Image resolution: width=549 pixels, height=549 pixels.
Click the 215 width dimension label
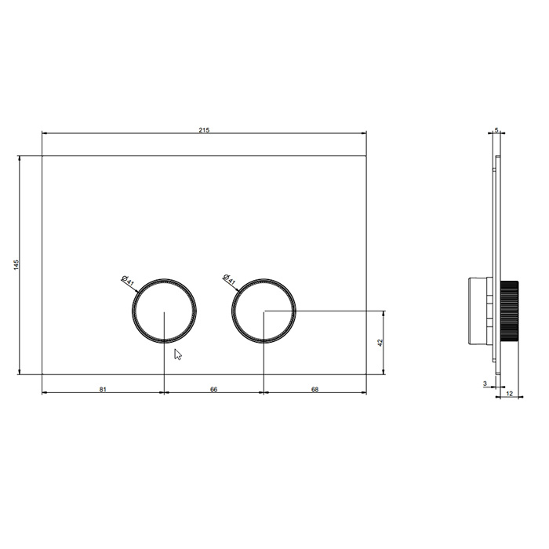pos(204,130)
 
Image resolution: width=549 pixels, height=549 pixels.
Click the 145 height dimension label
pos(16,265)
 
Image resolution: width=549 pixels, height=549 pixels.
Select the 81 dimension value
pos(103,389)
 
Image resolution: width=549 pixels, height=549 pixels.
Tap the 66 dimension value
pos(213,389)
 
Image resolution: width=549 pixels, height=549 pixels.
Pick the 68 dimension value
pos(314,389)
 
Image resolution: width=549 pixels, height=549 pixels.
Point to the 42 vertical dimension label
pos(380,343)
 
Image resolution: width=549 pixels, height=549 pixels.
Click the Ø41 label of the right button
pos(229,279)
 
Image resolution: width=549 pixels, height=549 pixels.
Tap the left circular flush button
pos(133,311)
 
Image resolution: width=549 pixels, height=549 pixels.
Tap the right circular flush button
pos(232,311)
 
